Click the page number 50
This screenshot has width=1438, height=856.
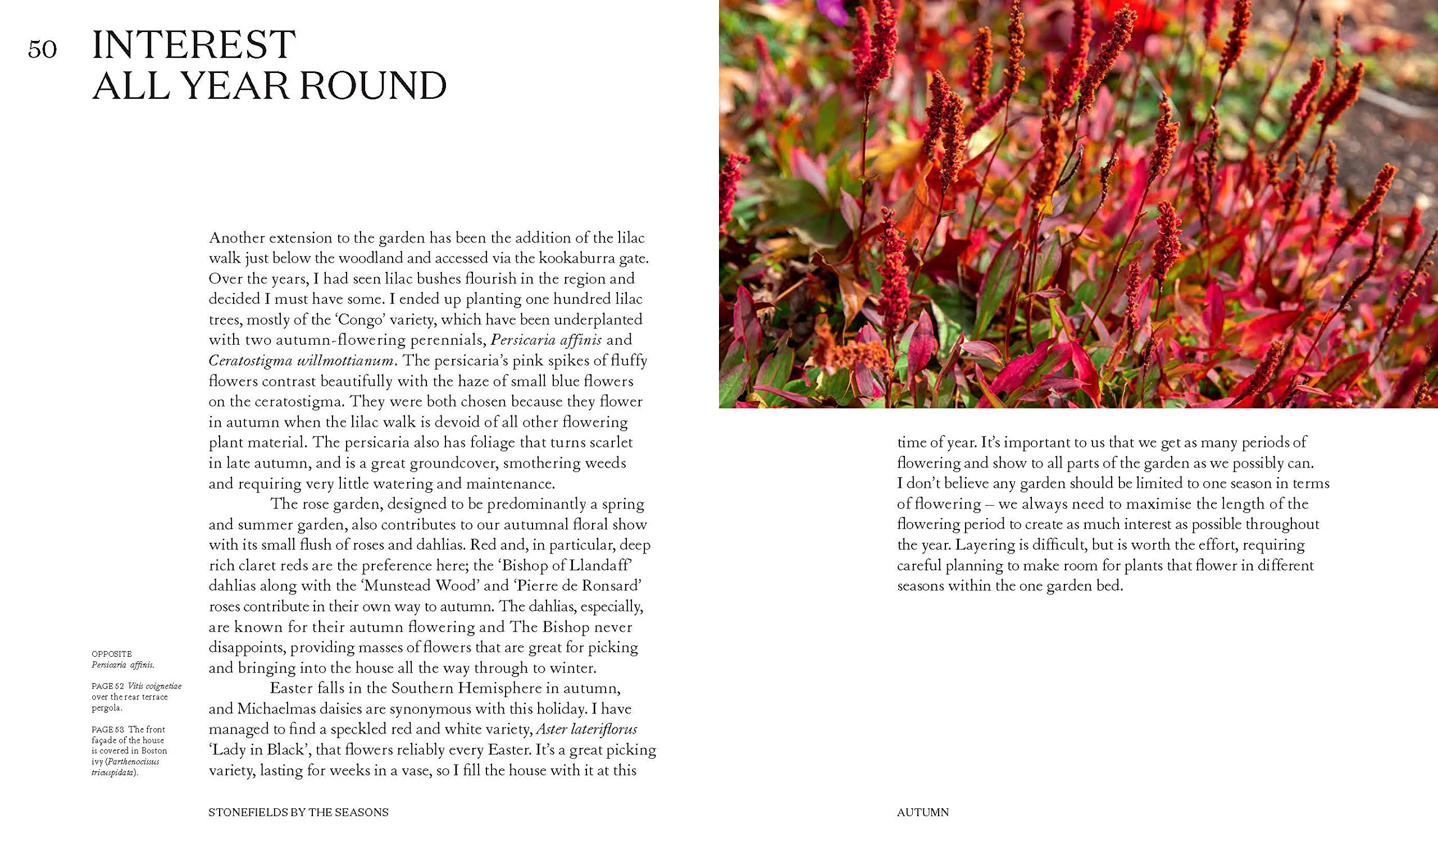pyautogui.click(x=43, y=49)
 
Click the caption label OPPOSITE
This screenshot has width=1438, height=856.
pyautogui.click(x=111, y=654)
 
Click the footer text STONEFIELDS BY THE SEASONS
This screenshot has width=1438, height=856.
pyautogui.click(x=298, y=813)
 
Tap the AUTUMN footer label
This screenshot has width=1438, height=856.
pyautogui.click(x=923, y=813)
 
